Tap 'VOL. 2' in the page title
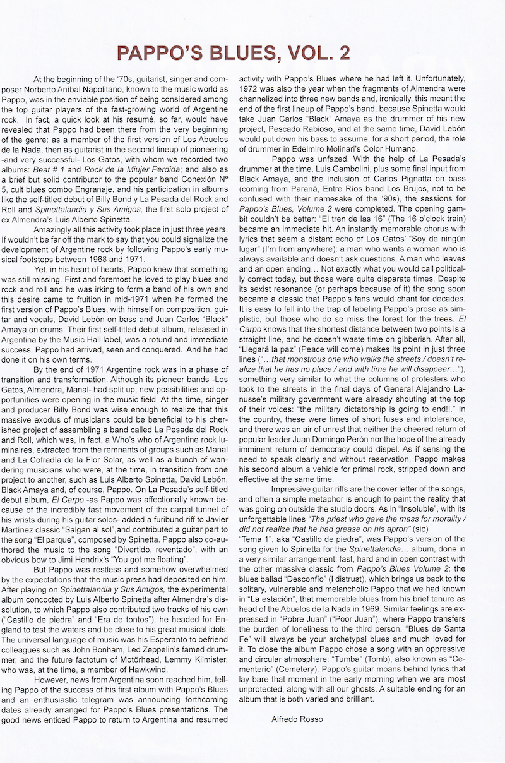318,52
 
